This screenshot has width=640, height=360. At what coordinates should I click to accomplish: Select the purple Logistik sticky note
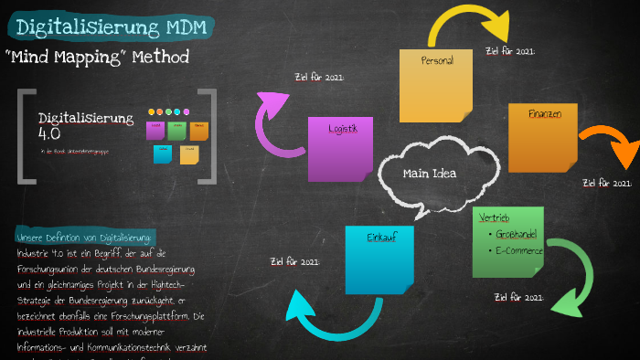click(339, 148)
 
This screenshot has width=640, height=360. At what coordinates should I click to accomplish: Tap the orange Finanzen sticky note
click(543, 137)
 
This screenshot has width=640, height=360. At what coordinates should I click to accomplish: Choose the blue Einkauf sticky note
click(379, 259)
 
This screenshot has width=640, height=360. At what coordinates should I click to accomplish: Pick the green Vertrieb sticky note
click(508, 241)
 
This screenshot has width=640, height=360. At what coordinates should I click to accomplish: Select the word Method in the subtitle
click(161, 58)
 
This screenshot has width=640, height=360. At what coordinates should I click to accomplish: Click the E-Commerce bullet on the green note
click(519, 250)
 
